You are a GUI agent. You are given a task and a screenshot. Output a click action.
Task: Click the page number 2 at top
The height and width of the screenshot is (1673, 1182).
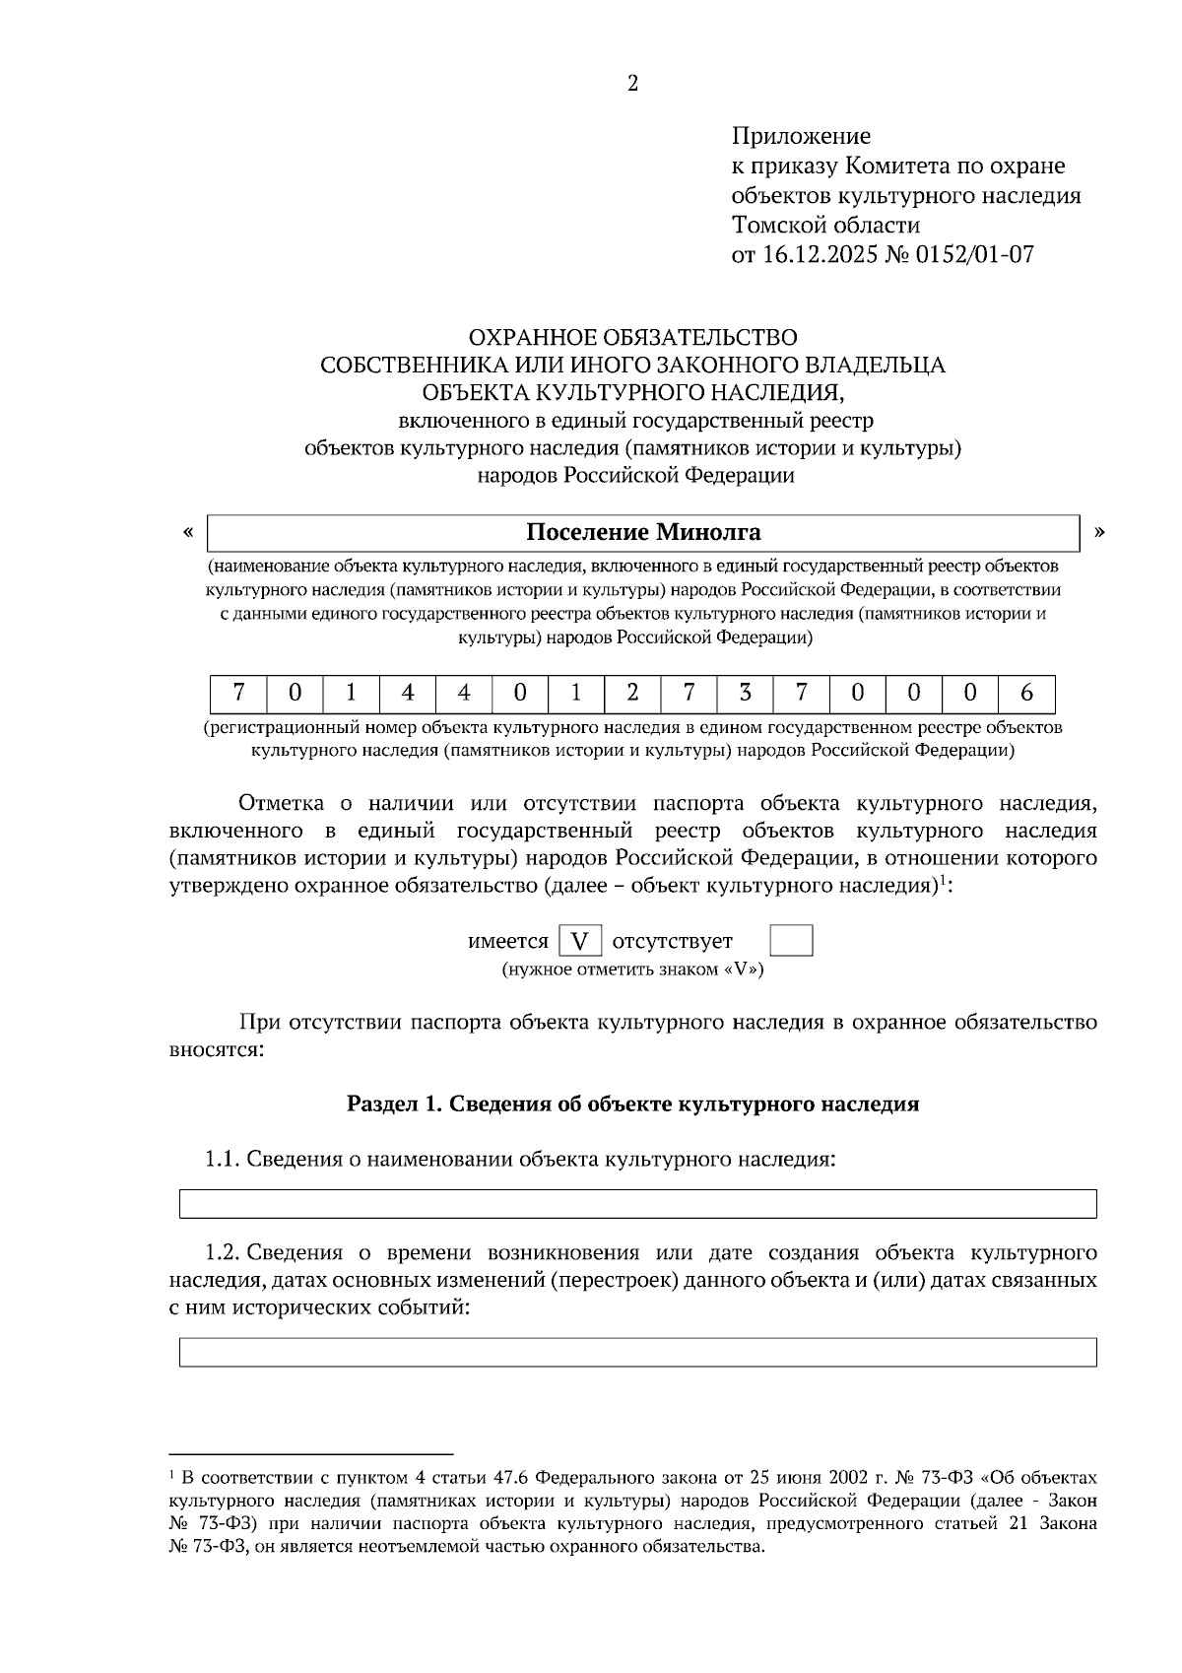[632, 84]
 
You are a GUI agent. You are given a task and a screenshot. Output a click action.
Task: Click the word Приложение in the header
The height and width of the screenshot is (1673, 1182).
[801, 136]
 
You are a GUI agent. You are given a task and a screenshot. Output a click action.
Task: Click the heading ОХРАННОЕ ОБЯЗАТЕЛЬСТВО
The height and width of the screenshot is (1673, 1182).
[632, 338]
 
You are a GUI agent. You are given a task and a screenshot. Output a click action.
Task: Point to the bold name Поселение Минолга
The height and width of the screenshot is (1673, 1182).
[643, 533]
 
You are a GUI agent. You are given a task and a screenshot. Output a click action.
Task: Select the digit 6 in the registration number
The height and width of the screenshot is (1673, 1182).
[1026, 694]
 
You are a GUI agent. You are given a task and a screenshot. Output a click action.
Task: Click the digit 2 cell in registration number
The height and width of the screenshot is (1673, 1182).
[632, 694]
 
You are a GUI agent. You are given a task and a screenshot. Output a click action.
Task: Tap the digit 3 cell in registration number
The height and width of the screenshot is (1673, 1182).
[745, 694]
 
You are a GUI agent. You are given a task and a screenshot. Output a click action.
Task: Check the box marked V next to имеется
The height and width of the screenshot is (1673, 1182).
[580, 942]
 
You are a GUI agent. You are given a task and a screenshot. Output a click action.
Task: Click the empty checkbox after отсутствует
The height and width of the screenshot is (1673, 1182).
[791, 941]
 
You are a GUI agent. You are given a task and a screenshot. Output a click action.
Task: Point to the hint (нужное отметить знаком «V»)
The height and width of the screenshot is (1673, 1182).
[632, 970]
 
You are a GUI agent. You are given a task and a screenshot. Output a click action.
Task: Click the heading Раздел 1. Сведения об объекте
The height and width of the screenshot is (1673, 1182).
[632, 1104]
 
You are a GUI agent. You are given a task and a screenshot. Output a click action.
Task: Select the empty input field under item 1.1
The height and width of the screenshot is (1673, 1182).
[637, 1204]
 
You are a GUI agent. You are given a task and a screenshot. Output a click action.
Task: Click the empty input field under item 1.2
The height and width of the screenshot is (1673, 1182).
[637, 1352]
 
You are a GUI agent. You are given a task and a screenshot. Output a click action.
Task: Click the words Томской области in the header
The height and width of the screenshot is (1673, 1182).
[825, 226]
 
